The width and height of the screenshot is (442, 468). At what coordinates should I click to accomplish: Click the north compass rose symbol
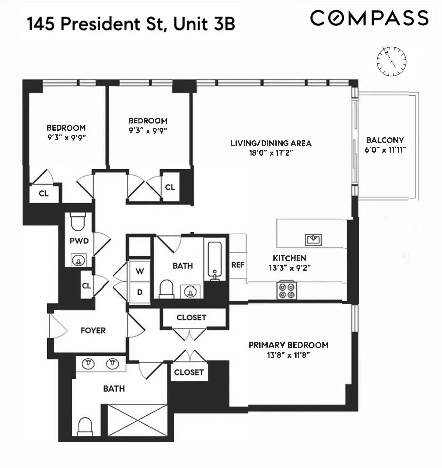coord(391,61)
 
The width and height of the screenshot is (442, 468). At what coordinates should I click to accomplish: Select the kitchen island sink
coord(313,240)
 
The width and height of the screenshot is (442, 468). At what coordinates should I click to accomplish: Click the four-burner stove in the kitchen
coord(286,291)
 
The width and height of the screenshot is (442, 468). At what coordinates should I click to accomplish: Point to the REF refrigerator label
coord(238,265)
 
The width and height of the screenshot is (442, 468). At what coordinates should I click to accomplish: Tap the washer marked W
coord(140,271)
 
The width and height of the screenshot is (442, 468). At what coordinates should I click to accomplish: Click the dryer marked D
coord(140,292)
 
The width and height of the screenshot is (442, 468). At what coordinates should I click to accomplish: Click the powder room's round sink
coord(78,261)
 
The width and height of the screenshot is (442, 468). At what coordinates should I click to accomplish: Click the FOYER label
coord(93,331)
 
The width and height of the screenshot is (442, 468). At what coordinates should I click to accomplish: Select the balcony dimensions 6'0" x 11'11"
coord(385,150)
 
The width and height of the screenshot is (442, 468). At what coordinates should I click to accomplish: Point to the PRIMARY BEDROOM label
coord(289,345)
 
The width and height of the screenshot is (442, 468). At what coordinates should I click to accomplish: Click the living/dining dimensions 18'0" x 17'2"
coord(271,153)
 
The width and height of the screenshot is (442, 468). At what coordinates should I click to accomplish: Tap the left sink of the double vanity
coord(88,363)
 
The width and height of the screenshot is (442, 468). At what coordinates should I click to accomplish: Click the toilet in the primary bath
coord(85,427)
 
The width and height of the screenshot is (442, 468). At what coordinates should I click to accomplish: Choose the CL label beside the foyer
coord(86,286)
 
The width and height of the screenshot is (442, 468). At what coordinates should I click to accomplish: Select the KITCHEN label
coord(289,258)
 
